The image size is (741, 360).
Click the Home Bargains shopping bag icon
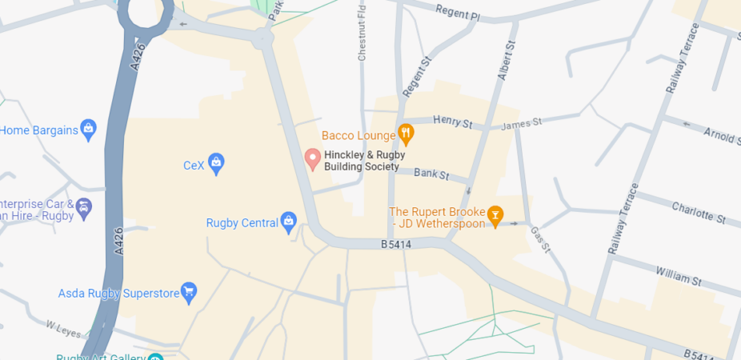coord(88,128)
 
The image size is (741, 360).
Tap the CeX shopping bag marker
coord(215,165)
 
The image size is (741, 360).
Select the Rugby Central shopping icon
coord(289,222)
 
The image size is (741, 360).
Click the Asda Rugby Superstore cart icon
coord(189,293)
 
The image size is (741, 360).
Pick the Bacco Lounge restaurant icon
coord(406,135)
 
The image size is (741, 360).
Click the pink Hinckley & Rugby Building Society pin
coord(313,158)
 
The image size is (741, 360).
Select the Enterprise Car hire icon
coord(83,210)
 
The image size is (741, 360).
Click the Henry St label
coord(453,122)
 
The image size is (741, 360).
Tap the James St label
coord(522,123)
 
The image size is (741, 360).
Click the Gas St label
coord(541,239)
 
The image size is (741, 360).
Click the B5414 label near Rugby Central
coord(395,244)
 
